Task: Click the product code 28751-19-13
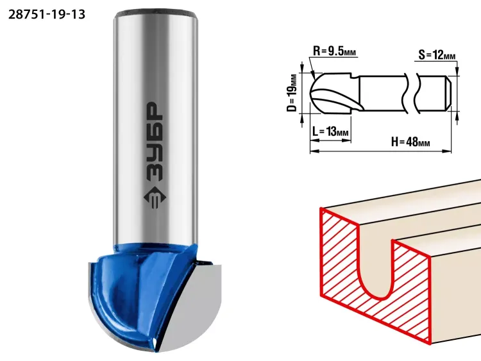click(47, 14)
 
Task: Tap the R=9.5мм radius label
click(334, 51)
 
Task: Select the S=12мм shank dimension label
click(437, 55)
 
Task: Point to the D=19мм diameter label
click(292, 93)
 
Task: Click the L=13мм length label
click(330, 131)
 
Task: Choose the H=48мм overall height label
click(410, 142)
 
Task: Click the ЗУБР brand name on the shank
click(155, 141)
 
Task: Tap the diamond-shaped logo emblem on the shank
click(155, 198)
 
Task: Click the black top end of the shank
click(155, 13)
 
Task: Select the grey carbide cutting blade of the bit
click(193, 306)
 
